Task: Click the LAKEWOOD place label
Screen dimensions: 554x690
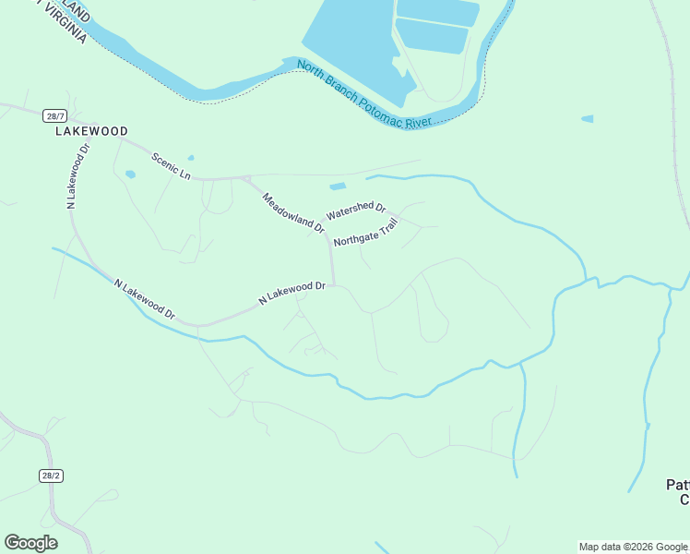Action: click(90, 132)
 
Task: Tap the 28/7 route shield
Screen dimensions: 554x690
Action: click(54, 115)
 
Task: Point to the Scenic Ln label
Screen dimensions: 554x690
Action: click(172, 166)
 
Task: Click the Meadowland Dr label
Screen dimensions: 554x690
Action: click(293, 212)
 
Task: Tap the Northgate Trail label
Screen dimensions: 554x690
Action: click(366, 232)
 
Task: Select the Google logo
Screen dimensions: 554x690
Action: click(30, 543)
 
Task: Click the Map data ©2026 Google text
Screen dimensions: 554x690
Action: click(633, 548)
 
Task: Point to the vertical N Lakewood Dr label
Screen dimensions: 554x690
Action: click(77, 176)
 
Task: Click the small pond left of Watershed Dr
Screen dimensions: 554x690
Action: click(338, 187)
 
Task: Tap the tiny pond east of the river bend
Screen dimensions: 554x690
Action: click(588, 119)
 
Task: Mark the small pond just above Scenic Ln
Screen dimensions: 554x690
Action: click(191, 158)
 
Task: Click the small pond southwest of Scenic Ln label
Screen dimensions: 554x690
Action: click(130, 174)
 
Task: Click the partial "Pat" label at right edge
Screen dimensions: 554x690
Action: click(678, 486)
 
